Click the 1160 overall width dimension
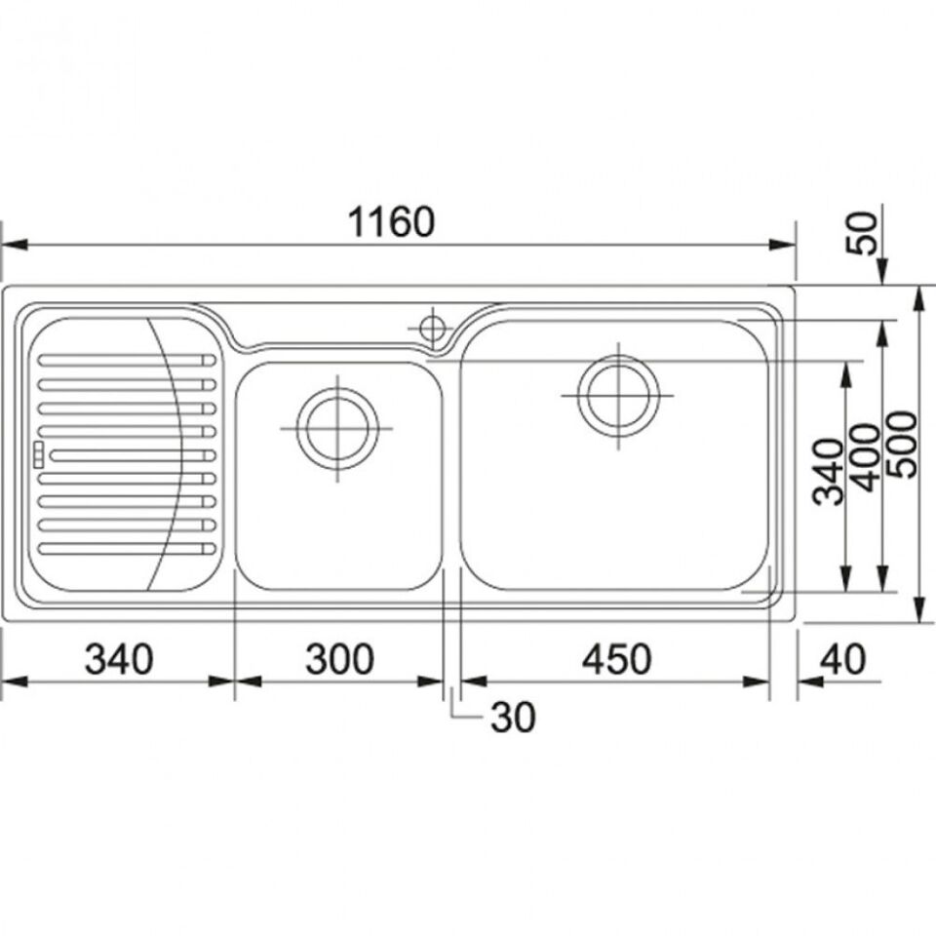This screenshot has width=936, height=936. [391, 222]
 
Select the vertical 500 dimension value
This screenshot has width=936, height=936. [901, 444]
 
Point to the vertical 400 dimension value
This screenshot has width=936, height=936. [866, 457]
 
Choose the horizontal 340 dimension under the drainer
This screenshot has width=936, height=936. [119, 659]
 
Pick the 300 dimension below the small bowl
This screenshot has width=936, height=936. [339, 659]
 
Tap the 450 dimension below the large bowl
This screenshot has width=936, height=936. [616, 659]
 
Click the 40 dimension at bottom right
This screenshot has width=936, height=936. [842, 659]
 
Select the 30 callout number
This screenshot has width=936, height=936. [513, 717]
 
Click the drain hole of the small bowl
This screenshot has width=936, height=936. [338, 429]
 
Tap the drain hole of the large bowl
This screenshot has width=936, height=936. [619, 395]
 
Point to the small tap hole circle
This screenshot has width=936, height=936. [432, 328]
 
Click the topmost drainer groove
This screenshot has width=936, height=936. [127, 360]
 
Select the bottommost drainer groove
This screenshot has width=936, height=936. [127, 548]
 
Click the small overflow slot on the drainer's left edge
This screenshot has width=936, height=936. [39, 455]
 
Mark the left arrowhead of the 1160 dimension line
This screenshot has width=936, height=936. [13, 245]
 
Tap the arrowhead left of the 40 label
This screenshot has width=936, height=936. [810, 682]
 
